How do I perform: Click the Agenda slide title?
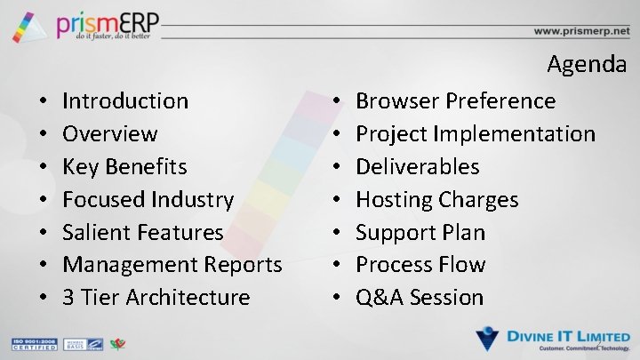(587, 65)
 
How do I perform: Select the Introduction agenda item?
(125, 101)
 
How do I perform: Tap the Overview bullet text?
(110, 134)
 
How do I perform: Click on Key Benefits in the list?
(124, 167)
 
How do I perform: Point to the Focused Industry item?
(148, 200)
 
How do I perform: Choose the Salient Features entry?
(143, 233)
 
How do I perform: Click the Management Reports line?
(172, 265)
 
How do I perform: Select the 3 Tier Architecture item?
(156, 298)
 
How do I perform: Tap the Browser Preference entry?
(455, 101)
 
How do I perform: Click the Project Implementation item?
(476, 134)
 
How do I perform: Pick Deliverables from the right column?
(418, 167)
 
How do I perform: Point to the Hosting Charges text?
(436, 200)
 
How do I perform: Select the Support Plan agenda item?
(420, 233)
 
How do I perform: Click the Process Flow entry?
(420, 265)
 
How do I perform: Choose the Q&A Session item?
(420, 298)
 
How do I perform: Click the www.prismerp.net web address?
(580, 30)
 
